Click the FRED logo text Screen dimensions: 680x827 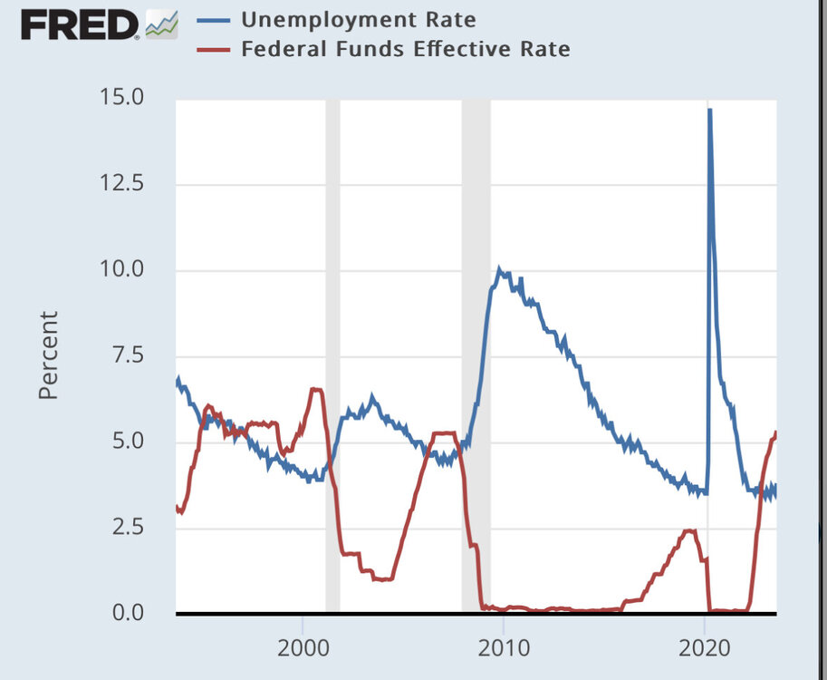[81, 25]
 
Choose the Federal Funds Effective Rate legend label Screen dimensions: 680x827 [406, 49]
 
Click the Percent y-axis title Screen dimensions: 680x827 [48, 355]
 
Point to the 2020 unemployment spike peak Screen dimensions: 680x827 [709, 110]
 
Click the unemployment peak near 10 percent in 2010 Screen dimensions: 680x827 [500, 270]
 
